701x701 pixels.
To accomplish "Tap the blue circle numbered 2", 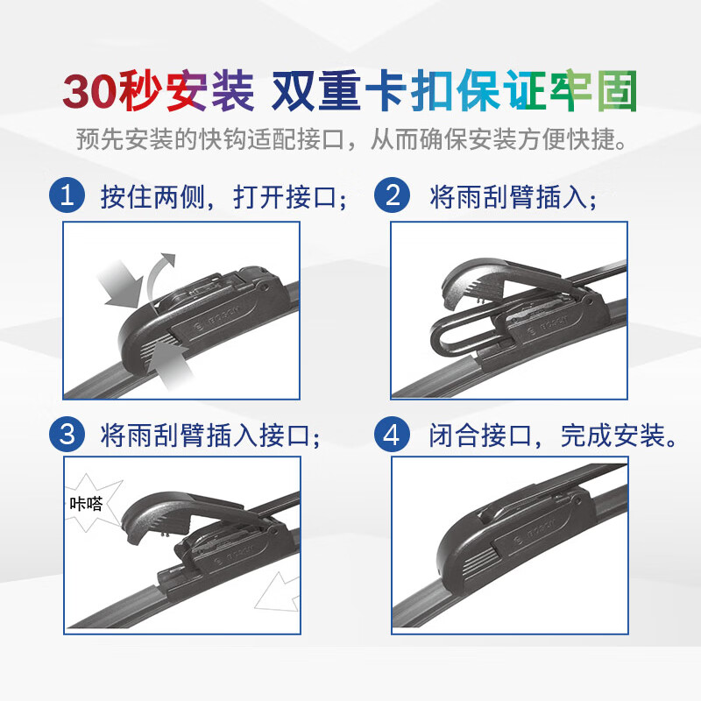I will pyautogui.click(x=393, y=195).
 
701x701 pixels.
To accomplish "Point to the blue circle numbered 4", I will pyautogui.click(x=393, y=434).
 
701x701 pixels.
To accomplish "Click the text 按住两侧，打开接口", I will pyautogui.click(x=223, y=196).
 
